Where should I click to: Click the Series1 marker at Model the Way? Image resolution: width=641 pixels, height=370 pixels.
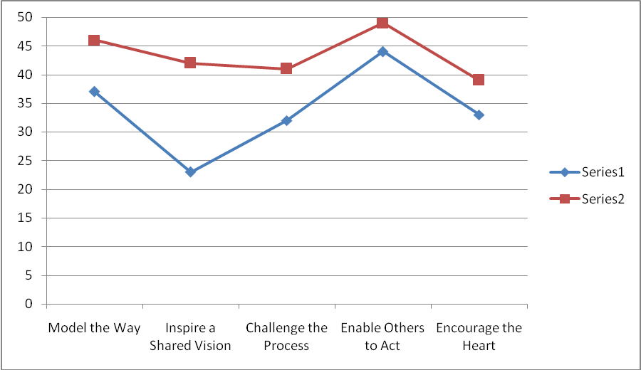pyautogui.click(x=94, y=92)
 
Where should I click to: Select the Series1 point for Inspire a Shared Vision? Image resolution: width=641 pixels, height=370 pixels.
pyautogui.click(x=190, y=171)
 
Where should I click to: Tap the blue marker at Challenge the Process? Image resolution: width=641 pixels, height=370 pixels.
pyautogui.click(x=286, y=120)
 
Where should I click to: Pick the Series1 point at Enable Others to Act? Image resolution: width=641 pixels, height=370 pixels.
pyautogui.click(x=382, y=51)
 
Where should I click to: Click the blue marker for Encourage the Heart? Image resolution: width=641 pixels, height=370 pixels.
pyautogui.click(x=479, y=115)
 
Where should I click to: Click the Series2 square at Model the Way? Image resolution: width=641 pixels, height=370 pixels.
pyautogui.click(x=94, y=41)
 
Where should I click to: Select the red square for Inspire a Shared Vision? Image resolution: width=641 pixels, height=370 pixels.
pyautogui.click(x=190, y=63)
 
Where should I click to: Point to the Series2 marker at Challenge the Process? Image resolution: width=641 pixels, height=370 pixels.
pyautogui.click(x=286, y=69)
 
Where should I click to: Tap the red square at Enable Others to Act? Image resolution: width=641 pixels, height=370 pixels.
pyautogui.click(x=382, y=23)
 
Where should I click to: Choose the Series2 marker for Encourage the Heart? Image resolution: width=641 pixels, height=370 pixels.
pyautogui.click(x=479, y=80)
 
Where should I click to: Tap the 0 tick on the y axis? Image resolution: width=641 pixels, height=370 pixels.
pyautogui.click(x=28, y=304)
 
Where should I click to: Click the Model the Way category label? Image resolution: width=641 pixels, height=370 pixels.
pyautogui.click(x=94, y=328)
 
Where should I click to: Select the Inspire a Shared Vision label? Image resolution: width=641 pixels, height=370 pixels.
pyautogui.click(x=190, y=337)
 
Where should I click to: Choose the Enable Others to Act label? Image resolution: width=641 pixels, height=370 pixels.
pyautogui.click(x=382, y=337)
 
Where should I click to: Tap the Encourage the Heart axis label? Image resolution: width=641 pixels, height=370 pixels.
pyautogui.click(x=479, y=337)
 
